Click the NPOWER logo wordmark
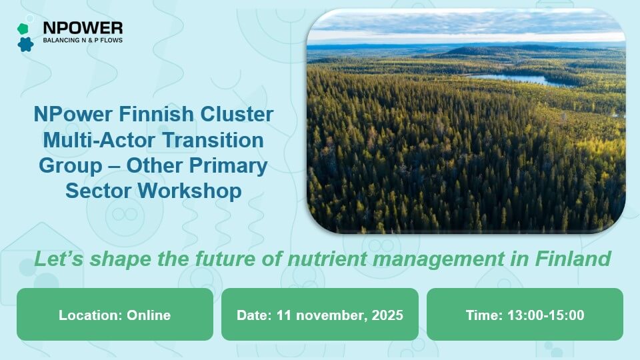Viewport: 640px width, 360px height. [83, 27]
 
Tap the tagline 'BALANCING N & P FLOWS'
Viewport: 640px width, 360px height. [83, 41]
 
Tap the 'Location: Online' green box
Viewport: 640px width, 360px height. [115, 315]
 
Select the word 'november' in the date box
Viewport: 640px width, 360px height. [326, 315]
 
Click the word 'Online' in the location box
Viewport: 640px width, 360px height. [148, 315]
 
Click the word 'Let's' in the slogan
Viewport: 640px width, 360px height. [55, 259]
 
